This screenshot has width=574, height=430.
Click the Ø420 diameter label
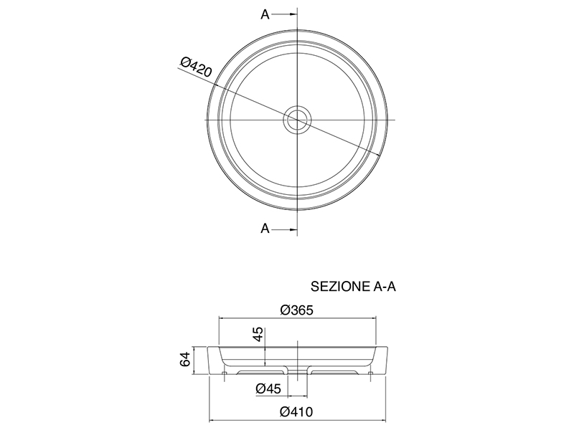tap(196, 67)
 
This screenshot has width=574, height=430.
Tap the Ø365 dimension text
tap(297, 310)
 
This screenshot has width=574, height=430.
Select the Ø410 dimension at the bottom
tap(296, 411)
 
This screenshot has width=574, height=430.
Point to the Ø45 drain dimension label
tap(268, 388)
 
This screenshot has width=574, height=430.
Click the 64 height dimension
tap(185, 359)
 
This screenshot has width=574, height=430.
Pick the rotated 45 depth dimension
tap(258, 334)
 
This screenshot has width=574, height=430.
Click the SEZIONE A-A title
tap(353, 286)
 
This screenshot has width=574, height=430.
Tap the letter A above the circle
tap(265, 14)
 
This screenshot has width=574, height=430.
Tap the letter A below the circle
tap(265, 229)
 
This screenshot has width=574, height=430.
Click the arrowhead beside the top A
tap(293, 14)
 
